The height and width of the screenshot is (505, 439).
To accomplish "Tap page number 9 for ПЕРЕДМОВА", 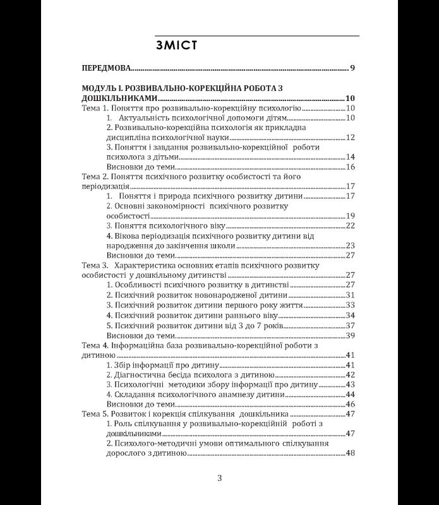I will pos(352,68).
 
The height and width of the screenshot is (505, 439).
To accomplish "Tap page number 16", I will pos(351,167).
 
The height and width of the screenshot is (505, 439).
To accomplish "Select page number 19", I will pos(351,216).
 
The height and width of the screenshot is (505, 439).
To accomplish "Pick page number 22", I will pos(351,225).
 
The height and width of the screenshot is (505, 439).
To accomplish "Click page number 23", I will pos(351,246).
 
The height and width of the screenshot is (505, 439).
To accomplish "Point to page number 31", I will pos(351,295).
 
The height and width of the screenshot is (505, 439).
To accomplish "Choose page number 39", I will pos(351,335).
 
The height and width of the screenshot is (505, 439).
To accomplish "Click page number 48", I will pos(351,453).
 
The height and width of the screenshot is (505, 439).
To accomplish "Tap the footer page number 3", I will pos(219,478).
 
